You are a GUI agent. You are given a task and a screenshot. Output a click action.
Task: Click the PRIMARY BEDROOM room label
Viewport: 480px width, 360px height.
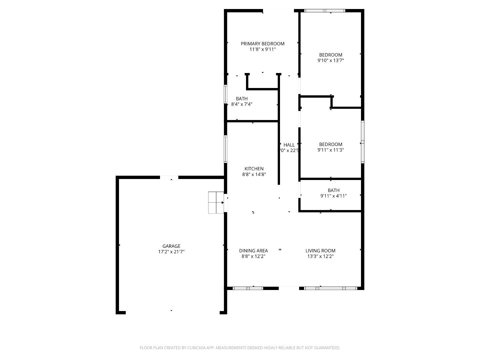pyautogui.click(x=263, y=44)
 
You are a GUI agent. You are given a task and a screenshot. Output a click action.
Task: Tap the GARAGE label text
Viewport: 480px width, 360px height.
pyautogui.click(x=171, y=246)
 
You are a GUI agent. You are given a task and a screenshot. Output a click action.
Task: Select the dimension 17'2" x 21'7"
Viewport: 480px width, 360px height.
pyautogui.click(x=171, y=252)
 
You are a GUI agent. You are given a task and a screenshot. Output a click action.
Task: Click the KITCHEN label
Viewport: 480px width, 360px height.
pyautogui.click(x=254, y=169)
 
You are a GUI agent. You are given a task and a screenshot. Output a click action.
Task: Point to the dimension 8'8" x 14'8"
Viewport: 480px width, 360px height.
pyautogui.click(x=254, y=174)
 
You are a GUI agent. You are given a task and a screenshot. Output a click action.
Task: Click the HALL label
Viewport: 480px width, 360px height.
pyautogui.click(x=289, y=145)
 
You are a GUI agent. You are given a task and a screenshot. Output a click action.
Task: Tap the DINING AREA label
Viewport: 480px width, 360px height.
pyautogui.click(x=253, y=251)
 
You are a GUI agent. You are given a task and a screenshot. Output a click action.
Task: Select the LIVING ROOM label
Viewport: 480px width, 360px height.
pyautogui.click(x=320, y=251)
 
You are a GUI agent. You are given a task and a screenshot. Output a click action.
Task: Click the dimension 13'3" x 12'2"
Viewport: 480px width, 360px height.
pyautogui.click(x=320, y=256)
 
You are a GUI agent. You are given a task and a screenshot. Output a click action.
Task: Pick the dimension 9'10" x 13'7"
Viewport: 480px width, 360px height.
pyautogui.click(x=331, y=61)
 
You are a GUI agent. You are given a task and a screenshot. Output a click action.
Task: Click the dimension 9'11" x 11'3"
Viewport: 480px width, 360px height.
pyautogui.click(x=331, y=150)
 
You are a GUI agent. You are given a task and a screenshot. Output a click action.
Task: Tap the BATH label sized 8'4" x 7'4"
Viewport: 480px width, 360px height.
pyautogui.click(x=242, y=99)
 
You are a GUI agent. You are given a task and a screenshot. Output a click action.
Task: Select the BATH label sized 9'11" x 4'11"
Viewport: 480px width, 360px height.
pyautogui.click(x=333, y=190)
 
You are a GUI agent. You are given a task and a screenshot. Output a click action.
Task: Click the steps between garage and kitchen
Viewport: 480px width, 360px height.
pyautogui.click(x=216, y=202)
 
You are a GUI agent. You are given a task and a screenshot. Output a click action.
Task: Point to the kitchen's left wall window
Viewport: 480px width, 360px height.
pyautogui.click(x=226, y=149)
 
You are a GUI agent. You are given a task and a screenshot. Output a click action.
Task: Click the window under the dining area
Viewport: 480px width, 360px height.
pyautogui.click(x=248, y=288)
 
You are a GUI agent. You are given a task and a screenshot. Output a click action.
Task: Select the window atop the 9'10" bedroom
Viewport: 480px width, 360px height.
pyautogui.click(x=325, y=11)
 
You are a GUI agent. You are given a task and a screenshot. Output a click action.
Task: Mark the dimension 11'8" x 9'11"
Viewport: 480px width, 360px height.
pyautogui.click(x=263, y=49)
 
